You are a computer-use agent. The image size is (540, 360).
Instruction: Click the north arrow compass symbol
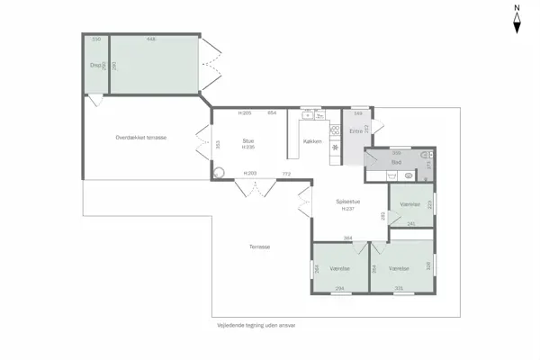tap(517, 20)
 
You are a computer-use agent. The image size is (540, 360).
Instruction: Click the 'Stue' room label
tap(248, 140)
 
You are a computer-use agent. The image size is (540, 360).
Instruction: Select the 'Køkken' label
tap(312, 141)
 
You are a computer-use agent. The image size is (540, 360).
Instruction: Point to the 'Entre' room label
tap(355, 131)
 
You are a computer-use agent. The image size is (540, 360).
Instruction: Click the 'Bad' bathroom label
tap(396, 163)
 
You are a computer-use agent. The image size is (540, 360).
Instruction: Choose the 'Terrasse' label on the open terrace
tap(259, 246)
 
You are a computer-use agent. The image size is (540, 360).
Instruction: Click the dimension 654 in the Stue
tap(271, 113)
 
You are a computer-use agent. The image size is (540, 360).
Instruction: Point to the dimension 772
tap(286, 173)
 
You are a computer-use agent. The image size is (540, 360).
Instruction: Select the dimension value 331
tap(398, 288)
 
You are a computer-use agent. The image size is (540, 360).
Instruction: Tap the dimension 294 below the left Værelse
tap(339, 288)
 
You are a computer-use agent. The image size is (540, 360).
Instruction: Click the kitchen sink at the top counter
tap(307, 115)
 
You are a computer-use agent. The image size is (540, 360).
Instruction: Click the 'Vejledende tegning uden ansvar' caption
tap(256, 325)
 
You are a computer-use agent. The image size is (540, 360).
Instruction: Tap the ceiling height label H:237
tap(347, 209)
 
